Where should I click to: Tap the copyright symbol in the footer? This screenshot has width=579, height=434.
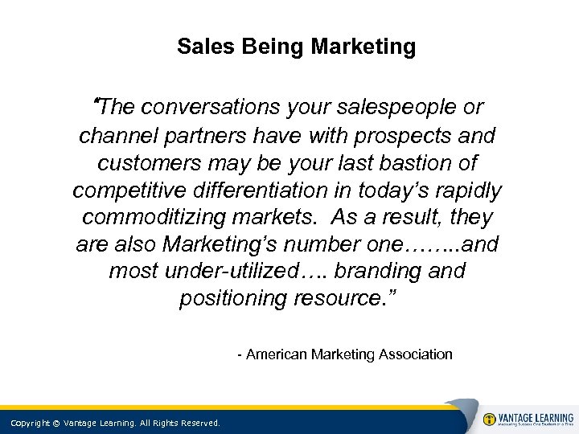click(58, 423)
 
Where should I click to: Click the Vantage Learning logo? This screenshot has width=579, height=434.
click(528, 420)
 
